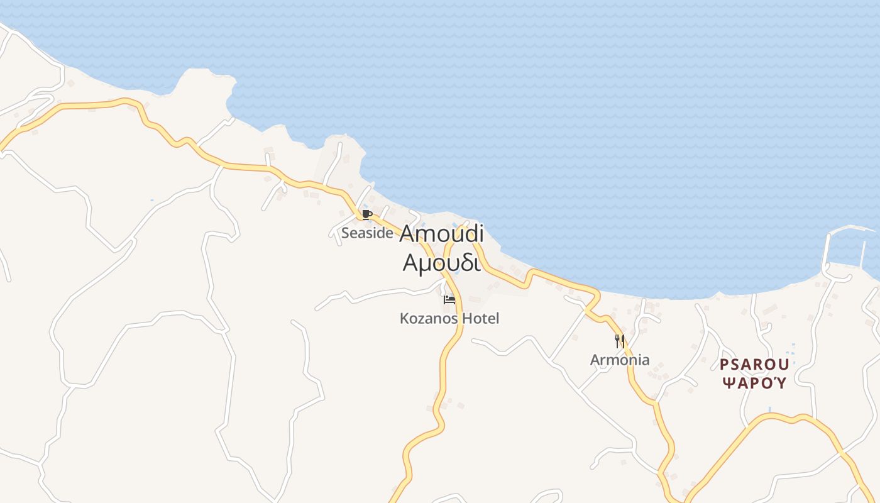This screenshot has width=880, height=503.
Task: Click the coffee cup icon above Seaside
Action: (x=367, y=215)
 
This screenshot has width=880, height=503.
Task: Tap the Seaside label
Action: (x=367, y=233)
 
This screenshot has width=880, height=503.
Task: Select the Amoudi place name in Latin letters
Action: (x=441, y=234)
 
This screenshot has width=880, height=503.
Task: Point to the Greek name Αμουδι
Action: (x=441, y=262)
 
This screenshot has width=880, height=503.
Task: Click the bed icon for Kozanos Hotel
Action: (x=449, y=300)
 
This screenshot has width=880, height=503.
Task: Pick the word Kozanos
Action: (x=429, y=319)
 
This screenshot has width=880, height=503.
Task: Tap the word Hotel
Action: (x=480, y=319)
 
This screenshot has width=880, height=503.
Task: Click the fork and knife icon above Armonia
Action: (x=620, y=341)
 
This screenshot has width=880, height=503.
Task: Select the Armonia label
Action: (x=620, y=360)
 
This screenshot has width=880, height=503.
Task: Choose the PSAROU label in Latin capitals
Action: (x=754, y=365)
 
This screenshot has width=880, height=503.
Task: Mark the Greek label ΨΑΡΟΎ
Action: (x=754, y=383)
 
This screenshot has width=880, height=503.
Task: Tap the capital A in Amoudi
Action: (x=407, y=234)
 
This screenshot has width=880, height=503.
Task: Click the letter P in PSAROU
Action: (x=724, y=365)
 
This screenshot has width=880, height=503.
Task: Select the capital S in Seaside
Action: (x=345, y=233)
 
